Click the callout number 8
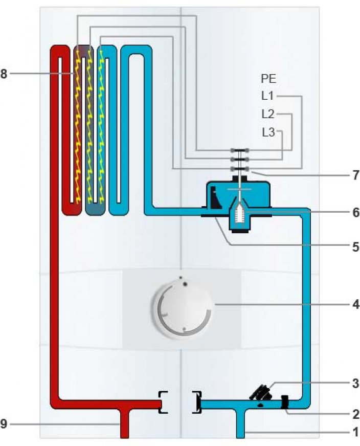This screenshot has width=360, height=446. [x=4, y=74]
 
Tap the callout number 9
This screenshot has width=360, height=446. [x=4, y=423]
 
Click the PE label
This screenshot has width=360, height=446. [x=268, y=79]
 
